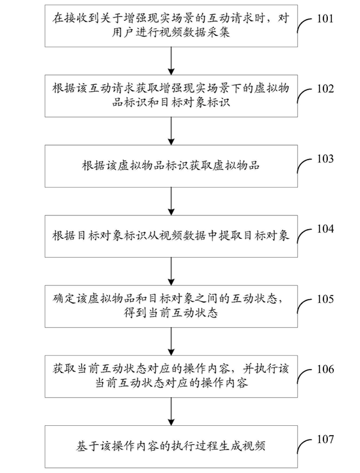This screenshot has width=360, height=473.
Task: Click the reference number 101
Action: [x=325, y=19]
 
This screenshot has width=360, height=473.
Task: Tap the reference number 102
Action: [x=325, y=89]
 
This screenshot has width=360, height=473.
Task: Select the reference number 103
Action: [x=325, y=159]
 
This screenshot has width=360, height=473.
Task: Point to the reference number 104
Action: [x=325, y=229]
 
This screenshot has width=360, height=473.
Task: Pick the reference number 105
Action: [x=325, y=299]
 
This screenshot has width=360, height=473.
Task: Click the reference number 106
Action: [x=325, y=369]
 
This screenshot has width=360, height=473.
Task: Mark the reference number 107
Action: [x=325, y=439]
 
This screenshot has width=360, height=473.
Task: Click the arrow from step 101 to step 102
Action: [x=171, y=61]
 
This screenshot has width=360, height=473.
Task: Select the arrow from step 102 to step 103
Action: [x=171, y=131]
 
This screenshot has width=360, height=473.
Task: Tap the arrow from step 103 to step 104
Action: [x=171, y=201]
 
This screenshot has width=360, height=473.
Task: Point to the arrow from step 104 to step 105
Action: [x=171, y=272]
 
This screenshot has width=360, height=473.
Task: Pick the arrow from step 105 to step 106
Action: [x=171, y=342]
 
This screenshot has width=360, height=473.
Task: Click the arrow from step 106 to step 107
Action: [x=171, y=412]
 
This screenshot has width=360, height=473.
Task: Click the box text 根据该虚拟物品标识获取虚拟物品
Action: [x=171, y=166]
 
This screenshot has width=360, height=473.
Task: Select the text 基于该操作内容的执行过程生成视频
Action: [x=171, y=446]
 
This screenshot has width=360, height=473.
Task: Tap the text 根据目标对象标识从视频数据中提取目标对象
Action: [x=171, y=236]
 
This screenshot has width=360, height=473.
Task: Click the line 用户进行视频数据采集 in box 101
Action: [x=171, y=33]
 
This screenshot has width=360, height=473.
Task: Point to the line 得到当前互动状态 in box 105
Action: [x=171, y=313]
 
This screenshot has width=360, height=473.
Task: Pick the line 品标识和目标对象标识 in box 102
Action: [x=171, y=102]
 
